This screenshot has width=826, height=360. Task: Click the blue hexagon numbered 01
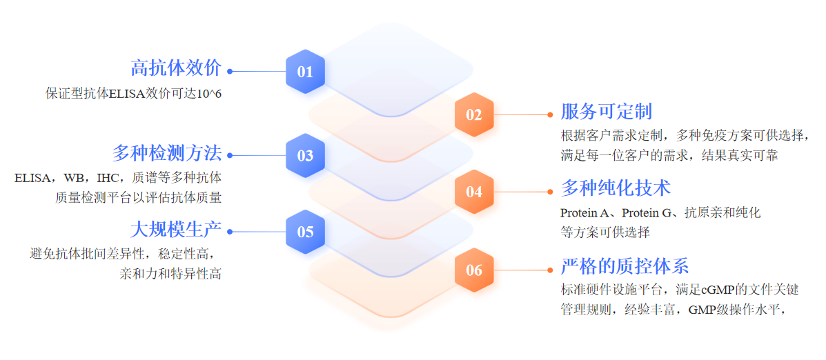(x=305, y=71)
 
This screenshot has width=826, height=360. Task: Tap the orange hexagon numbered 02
(x=473, y=114)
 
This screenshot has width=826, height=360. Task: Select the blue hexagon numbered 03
(x=305, y=155)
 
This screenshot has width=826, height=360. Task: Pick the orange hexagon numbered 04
(x=473, y=192)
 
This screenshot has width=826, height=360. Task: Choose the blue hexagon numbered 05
(x=305, y=232)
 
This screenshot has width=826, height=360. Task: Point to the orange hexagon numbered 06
(x=473, y=270)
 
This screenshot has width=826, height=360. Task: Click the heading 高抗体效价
(x=176, y=68)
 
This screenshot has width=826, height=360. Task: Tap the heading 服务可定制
(x=606, y=112)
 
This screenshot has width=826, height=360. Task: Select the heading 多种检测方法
(x=167, y=152)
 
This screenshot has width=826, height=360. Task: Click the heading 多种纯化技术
(x=616, y=188)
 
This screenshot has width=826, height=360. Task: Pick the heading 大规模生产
(x=176, y=229)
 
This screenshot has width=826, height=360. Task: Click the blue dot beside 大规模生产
(x=230, y=232)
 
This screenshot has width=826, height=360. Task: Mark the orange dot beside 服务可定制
(x=550, y=114)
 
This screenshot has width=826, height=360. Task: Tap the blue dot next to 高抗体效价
(x=230, y=71)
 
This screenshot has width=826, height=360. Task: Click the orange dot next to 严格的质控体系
(x=550, y=270)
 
